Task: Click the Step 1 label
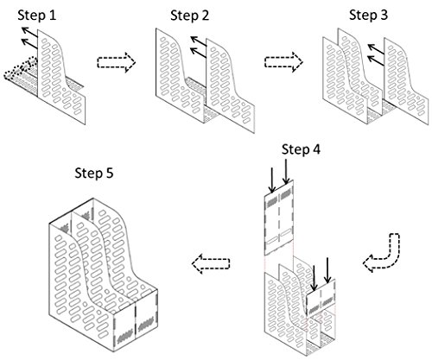pyautogui.click(x=37, y=16)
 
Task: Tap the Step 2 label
pyautogui.click(x=189, y=16)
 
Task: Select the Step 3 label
pyautogui.click(x=368, y=15)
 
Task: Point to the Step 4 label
pyautogui.click(x=301, y=149)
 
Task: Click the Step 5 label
pyautogui.click(x=94, y=174)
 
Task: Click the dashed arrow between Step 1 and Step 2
pyautogui.click(x=116, y=62)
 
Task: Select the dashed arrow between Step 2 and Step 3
pyautogui.click(x=283, y=62)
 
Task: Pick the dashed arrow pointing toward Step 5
pyautogui.click(x=211, y=263)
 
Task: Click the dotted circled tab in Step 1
pyautogui.click(x=21, y=68)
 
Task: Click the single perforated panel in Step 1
pyautogui.click(x=61, y=77)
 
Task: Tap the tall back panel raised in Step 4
pyautogui.click(x=279, y=218)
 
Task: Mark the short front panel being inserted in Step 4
pyautogui.click(x=321, y=297)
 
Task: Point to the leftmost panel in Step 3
pyautogui.click(x=345, y=80)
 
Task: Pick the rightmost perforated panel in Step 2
pyautogui.click(x=231, y=86)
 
